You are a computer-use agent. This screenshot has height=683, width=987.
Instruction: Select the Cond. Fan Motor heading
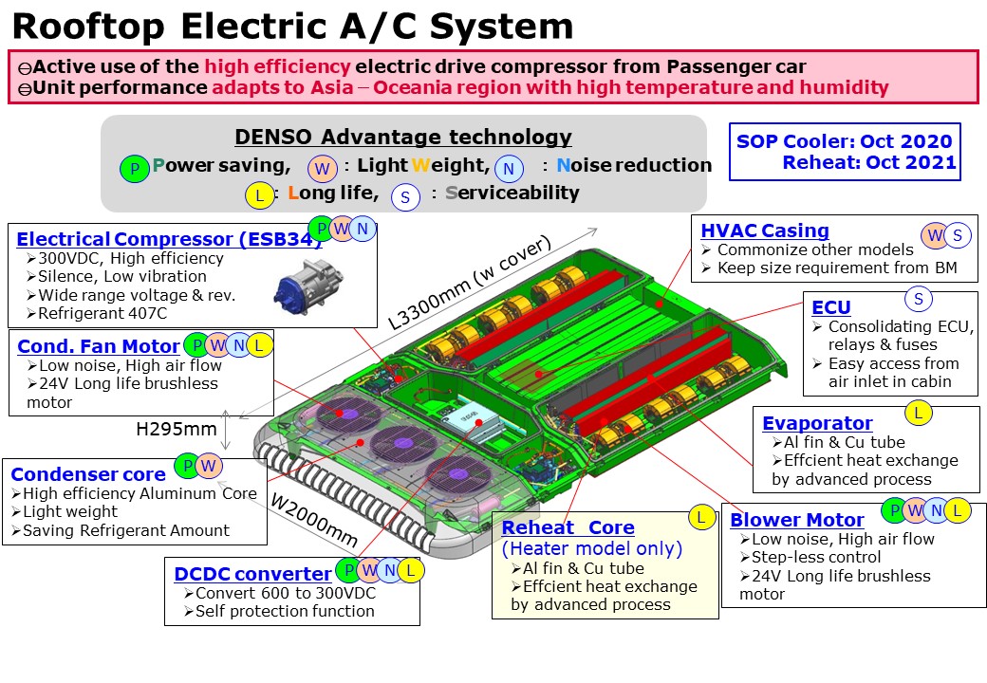click(x=98, y=345)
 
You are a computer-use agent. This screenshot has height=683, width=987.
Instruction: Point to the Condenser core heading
click(x=87, y=473)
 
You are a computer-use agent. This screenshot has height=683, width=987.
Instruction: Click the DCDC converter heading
click(x=252, y=573)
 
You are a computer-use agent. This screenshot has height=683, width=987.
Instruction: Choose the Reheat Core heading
click(x=568, y=527)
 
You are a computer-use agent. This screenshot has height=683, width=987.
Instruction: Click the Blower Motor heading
click(x=796, y=520)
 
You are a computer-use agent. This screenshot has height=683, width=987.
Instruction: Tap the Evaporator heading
click(x=816, y=423)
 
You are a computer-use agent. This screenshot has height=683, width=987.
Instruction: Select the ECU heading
click(x=830, y=306)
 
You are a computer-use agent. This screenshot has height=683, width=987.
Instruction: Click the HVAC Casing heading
click(x=764, y=231)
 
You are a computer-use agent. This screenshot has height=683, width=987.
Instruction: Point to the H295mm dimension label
click(x=176, y=429)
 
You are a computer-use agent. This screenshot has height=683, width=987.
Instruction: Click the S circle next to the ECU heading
click(x=918, y=300)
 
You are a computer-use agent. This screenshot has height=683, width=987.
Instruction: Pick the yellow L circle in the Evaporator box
click(x=918, y=412)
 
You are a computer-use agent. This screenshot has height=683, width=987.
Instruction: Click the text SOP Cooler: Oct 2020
click(x=844, y=142)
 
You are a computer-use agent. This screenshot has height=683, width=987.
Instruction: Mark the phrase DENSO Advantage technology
click(x=402, y=137)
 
